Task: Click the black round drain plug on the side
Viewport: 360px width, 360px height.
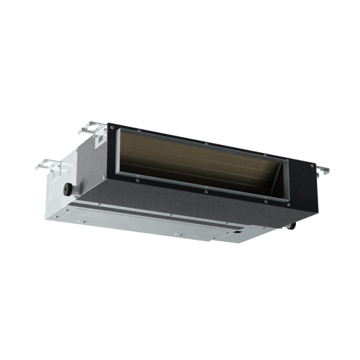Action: (68, 188)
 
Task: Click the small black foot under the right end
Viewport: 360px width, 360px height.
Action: (293, 226)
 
